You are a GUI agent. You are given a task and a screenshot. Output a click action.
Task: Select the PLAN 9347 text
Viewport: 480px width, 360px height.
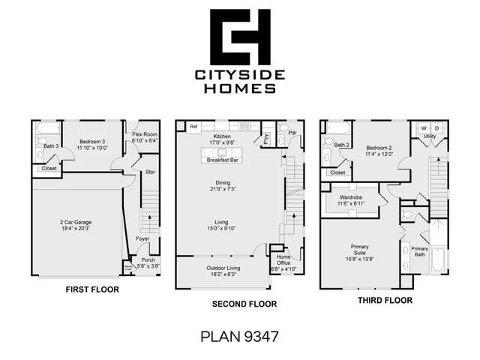(240, 335)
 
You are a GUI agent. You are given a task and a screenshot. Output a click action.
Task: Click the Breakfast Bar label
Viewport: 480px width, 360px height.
(223, 160)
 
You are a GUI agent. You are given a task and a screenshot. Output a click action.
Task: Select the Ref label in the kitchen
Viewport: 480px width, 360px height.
(193, 126)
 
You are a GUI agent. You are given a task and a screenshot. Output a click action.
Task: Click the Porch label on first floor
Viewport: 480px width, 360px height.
(148, 260)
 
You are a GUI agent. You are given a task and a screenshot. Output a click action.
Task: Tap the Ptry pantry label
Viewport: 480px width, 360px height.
(265, 137)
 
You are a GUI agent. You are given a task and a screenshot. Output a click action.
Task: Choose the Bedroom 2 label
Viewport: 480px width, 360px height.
(379, 148)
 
